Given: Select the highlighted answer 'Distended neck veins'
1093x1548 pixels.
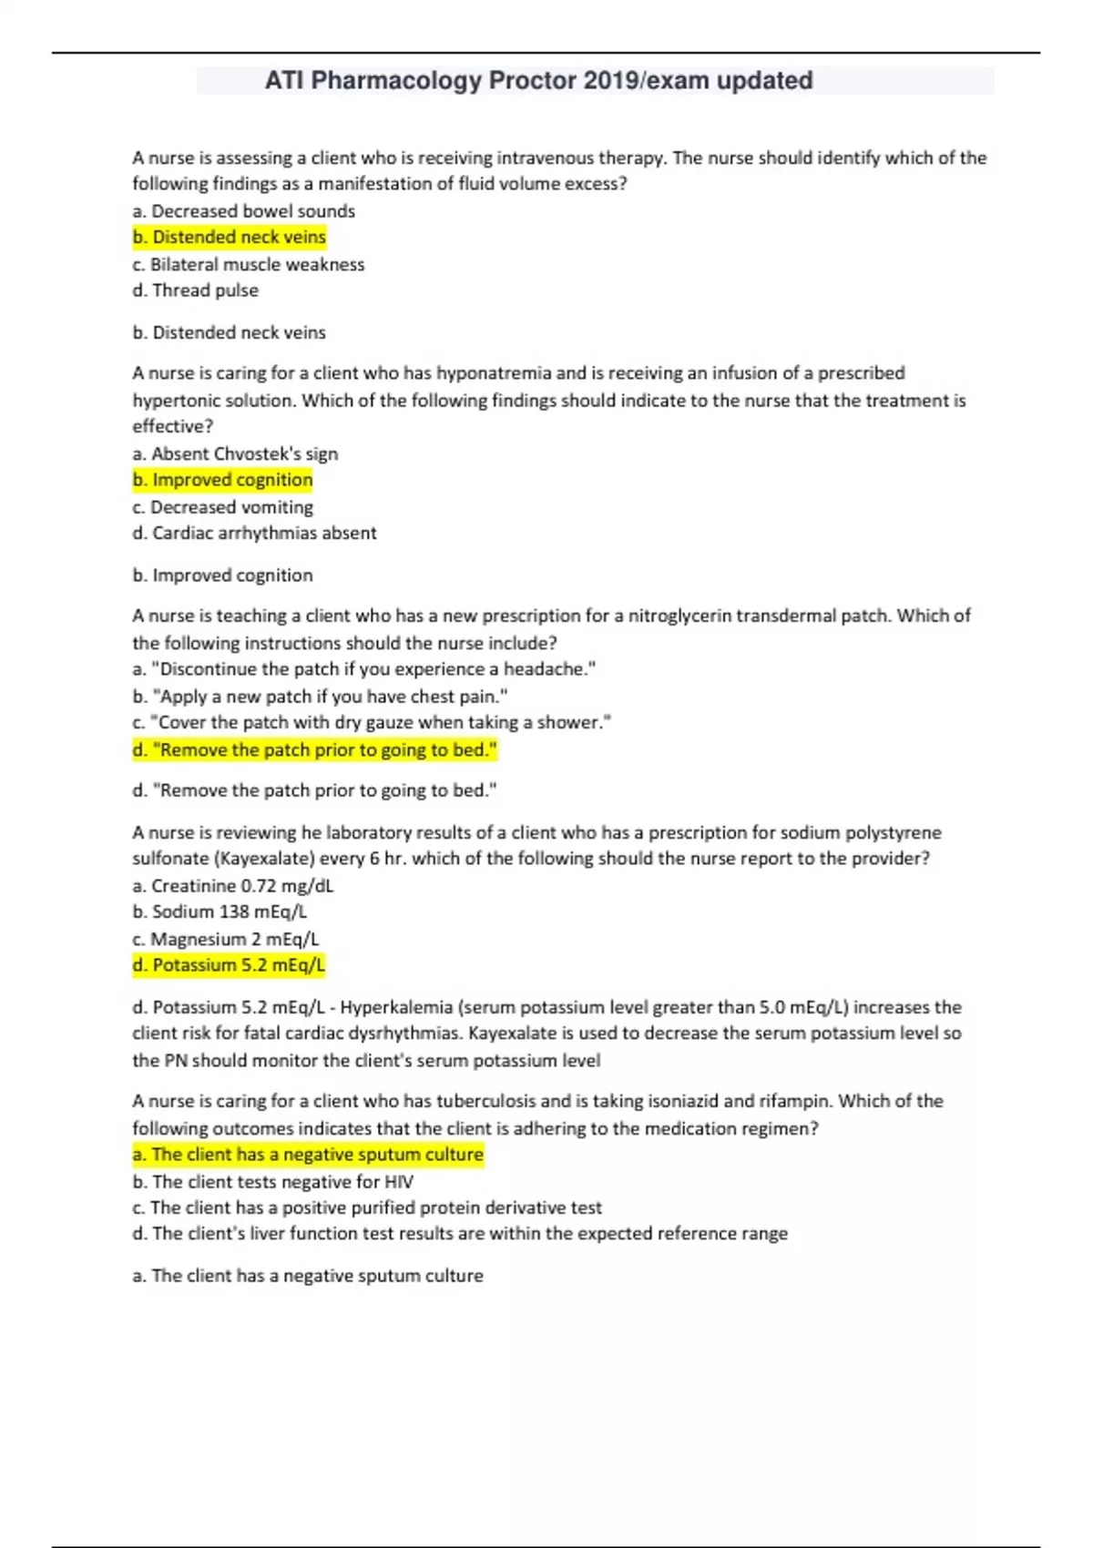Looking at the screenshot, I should coord(230,238).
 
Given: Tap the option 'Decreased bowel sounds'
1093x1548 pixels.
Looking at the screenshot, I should coord(244,211).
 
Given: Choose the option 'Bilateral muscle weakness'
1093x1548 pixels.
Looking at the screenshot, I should coord(249,265).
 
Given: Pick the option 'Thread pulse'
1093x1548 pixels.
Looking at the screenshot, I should coord(196,290).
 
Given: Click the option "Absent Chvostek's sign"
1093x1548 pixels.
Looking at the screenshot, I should coord(235,453).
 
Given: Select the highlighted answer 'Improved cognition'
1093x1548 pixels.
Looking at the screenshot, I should coord(223,480).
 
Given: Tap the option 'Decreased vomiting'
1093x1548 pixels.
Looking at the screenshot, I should coord(223,507).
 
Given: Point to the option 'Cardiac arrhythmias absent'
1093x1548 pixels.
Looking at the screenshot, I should coord(255,533).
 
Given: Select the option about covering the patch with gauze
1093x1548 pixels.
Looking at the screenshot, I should coord(372,723).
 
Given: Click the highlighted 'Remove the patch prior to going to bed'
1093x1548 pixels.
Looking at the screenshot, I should coord(315,750).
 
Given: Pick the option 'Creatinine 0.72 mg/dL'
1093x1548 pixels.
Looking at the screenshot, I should coord(233,886).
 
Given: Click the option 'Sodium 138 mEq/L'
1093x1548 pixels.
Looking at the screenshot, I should coord(220,911).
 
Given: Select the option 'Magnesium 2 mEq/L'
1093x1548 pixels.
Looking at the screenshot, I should coord(226,939).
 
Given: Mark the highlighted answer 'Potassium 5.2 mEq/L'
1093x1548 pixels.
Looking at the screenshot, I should coord(229,965).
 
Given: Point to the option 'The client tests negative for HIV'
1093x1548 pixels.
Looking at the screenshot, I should coord(273,1182).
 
